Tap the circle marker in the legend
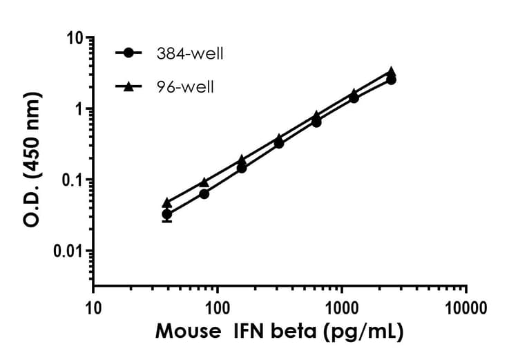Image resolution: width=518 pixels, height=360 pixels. (128, 53)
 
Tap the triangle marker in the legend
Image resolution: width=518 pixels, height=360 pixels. (128, 86)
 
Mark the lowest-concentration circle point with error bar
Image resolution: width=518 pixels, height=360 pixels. (167, 214)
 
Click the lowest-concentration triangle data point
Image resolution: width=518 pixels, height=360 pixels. (167, 202)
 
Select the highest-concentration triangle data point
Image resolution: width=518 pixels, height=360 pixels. (391, 71)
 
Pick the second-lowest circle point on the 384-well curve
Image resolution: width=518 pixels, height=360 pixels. (204, 193)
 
